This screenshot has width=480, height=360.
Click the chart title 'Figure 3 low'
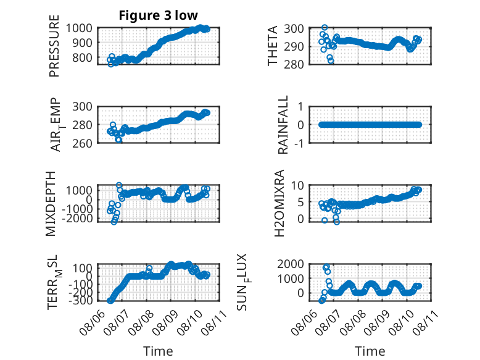(x=159, y=15)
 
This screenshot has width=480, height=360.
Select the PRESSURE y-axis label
(x=54, y=46)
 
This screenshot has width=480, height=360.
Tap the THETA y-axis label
(x=272, y=46)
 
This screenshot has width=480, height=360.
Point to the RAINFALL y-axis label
(x=283, y=125)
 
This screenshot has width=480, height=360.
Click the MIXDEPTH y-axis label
(x=51, y=204)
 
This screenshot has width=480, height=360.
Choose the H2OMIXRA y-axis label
(x=279, y=203)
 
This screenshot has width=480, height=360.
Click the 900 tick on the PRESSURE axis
(x=79, y=43)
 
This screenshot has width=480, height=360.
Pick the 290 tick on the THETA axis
(x=294, y=46)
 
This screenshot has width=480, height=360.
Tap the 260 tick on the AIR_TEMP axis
(x=82, y=143)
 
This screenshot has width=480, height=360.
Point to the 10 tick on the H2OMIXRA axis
(x=297, y=185)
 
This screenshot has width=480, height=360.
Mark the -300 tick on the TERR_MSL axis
(x=80, y=301)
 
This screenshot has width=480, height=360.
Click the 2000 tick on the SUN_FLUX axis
(x=291, y=264)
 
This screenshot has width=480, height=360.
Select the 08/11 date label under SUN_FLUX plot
(x=424, y=324)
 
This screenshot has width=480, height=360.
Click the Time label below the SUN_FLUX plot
(x=370, y=351)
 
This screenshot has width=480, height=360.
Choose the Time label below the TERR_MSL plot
(x=159, y=351)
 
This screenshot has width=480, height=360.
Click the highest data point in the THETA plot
(x=325, y=28)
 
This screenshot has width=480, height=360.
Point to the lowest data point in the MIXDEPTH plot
(x=114, y=222)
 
